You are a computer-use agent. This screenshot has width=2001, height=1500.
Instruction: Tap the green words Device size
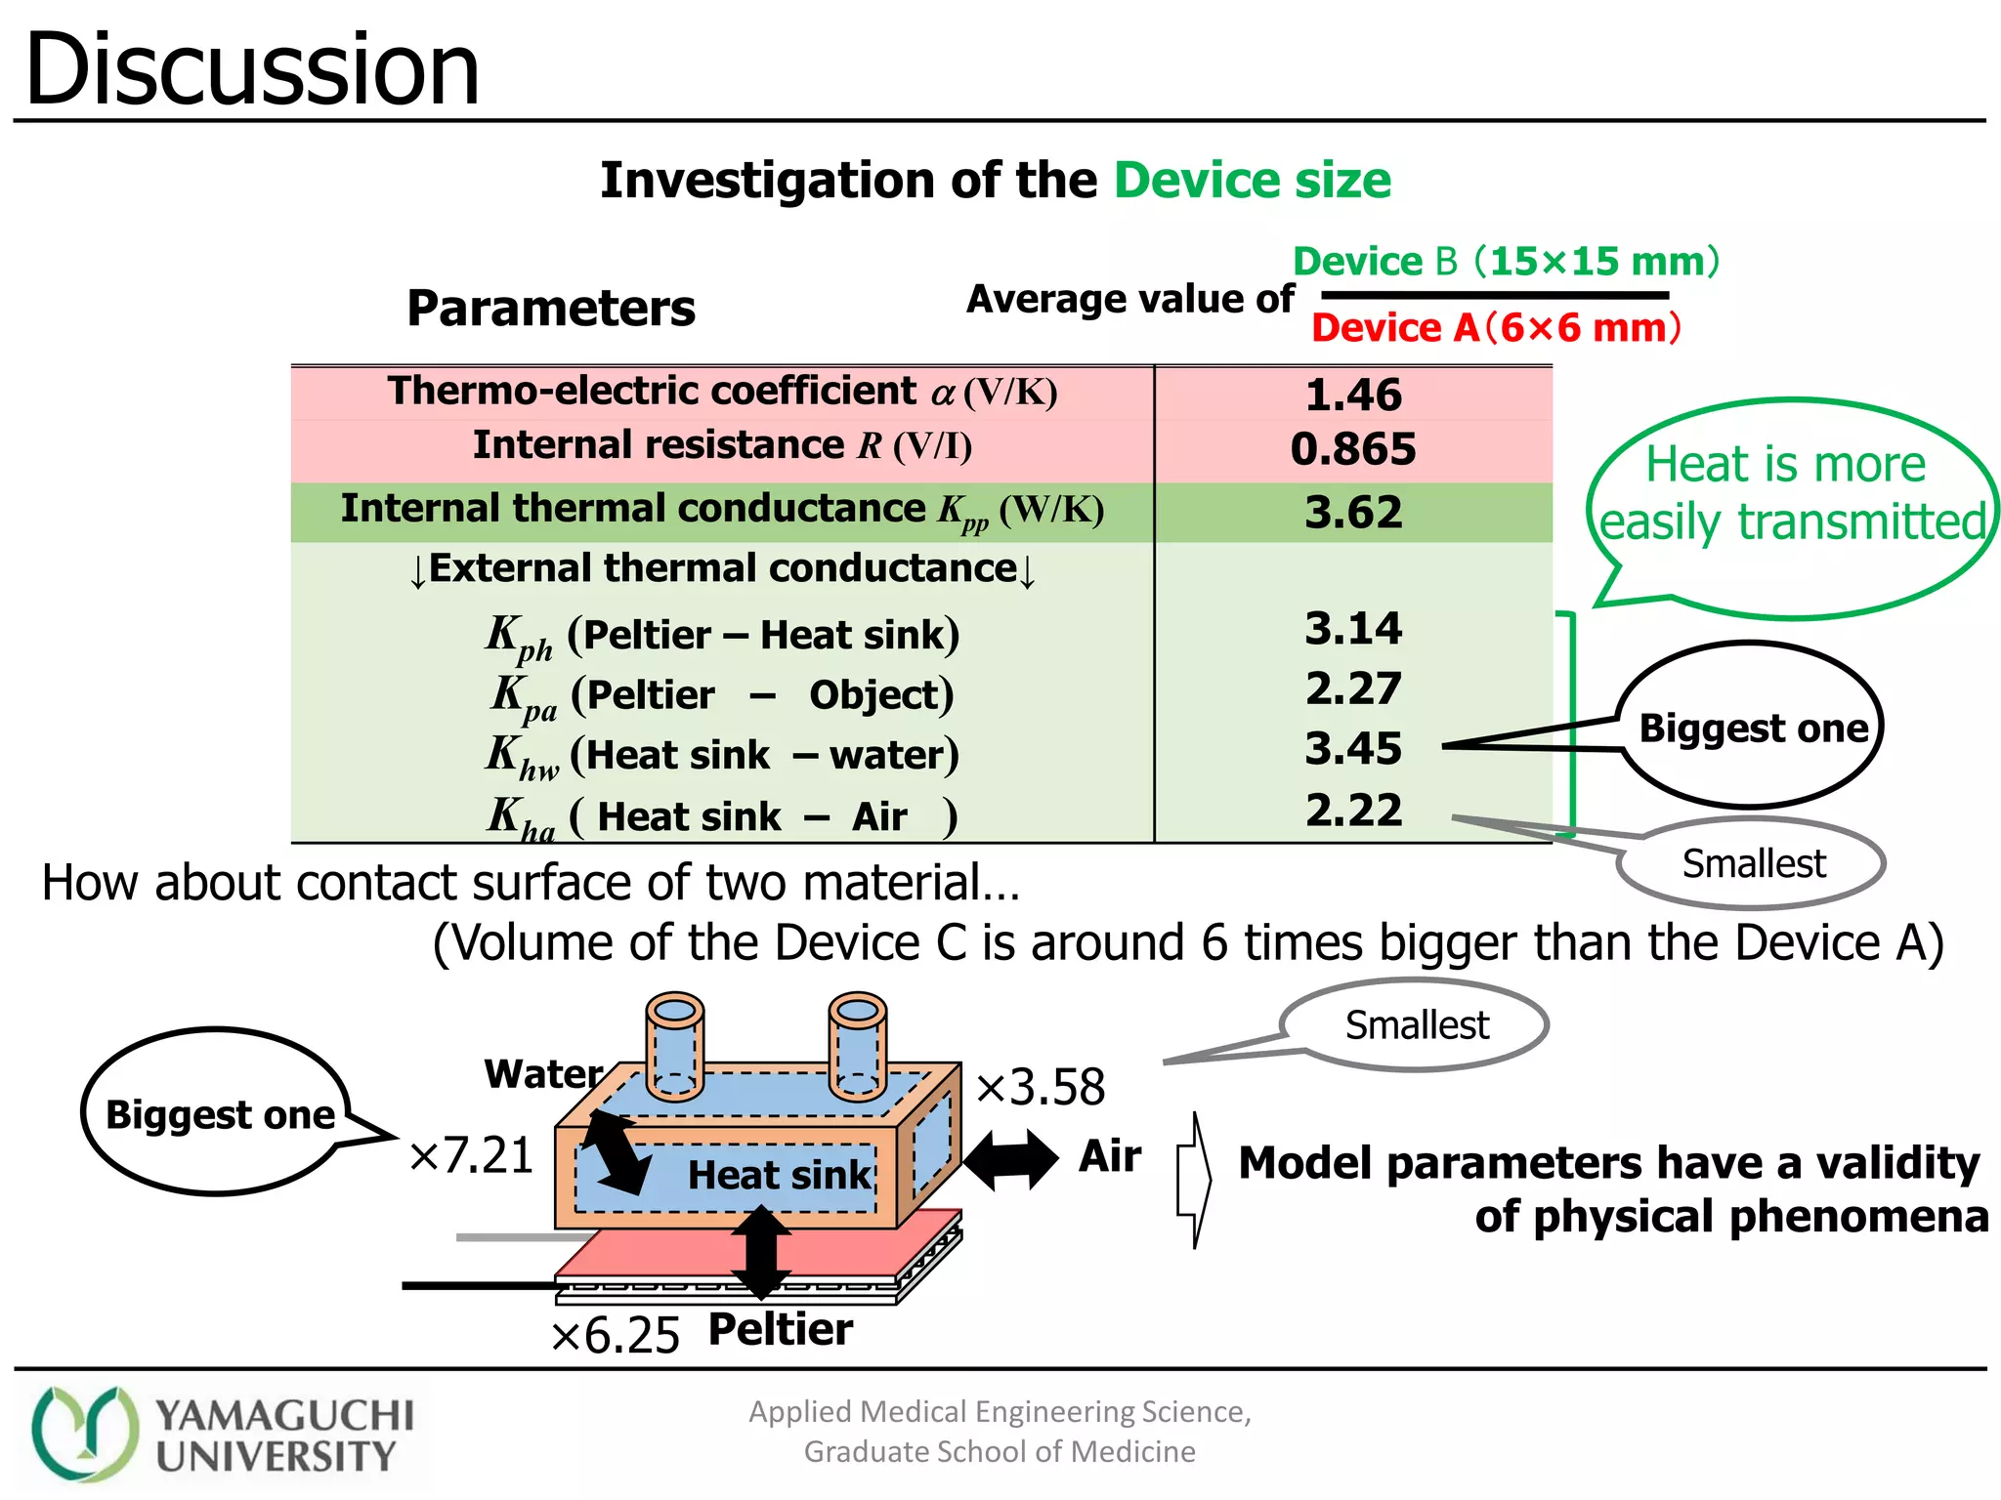[1252, 181]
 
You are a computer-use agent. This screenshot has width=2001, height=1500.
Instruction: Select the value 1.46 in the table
[1352, 395]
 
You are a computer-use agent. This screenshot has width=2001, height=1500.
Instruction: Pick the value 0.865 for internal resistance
[1352, 449]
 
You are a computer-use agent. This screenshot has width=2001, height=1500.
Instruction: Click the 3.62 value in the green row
[1352, 513]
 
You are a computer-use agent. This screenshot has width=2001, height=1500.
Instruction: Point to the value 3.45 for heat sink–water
[1352, 749]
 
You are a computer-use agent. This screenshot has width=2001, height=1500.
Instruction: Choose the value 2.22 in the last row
[1352, 811]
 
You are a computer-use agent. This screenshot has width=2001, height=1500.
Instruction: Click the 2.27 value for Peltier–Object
[1352, 688]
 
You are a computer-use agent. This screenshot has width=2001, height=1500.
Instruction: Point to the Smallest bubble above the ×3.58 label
[1416, 1025]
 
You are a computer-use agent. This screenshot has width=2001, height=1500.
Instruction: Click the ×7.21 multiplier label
[471, 1155]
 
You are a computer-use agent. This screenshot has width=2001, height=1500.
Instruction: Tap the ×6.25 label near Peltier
[615, 1335]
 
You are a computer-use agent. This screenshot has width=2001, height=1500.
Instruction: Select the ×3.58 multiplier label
[1041, 1087]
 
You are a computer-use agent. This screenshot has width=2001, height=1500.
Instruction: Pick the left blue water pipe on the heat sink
[674, 1045]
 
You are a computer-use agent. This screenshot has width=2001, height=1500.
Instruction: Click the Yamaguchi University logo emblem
[85, 1434]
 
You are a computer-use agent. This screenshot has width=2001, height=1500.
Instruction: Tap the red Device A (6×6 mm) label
[1495, 328]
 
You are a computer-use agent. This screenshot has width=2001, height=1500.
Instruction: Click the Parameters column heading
[551, 309]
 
